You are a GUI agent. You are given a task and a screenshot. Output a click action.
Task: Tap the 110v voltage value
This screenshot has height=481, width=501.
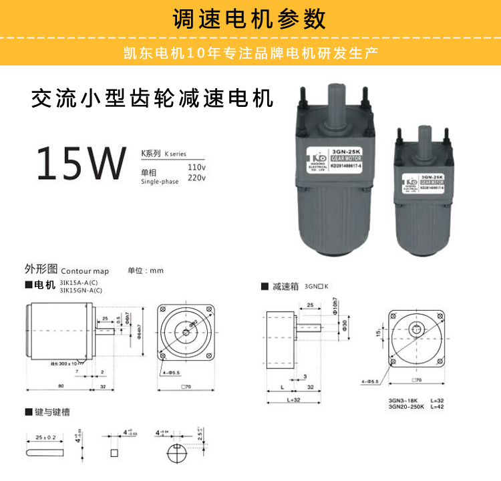[196, 166]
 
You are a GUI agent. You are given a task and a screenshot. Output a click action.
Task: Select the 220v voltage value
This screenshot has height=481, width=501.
[196, 178]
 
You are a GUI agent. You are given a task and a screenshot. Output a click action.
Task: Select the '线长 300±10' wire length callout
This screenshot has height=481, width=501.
[63, 364]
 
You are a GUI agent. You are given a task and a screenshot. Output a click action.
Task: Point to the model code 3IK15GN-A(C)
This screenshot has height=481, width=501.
[81, 291]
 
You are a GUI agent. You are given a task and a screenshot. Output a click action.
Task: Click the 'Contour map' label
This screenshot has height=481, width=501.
[85, 272]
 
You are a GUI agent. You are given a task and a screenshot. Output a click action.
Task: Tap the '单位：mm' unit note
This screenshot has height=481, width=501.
[146, 271]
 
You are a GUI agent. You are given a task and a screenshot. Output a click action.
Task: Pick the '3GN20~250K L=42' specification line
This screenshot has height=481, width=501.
[415, 407]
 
